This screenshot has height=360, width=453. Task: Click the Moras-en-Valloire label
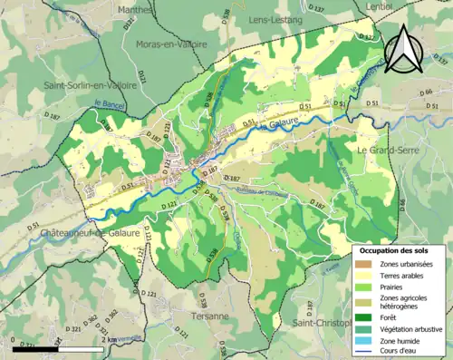point(171,43)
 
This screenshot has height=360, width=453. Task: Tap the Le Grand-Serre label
point(386,149)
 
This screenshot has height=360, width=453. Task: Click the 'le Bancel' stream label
point(108,105)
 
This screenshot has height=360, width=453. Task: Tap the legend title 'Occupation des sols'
point(396,249)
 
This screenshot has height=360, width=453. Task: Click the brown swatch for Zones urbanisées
point(362,263)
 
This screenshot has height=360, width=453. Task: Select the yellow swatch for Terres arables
point(362,276)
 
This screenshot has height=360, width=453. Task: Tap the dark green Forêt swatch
point(362,317)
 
